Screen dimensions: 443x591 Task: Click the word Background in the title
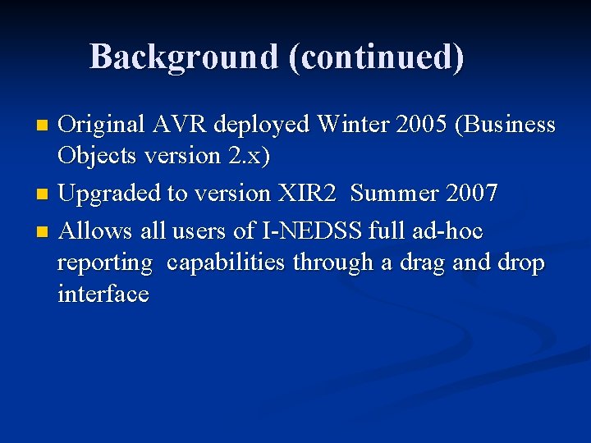(184, 57)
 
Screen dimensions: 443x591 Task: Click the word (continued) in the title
(376, 57)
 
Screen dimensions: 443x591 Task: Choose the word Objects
(93, 156)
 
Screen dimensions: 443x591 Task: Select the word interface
(103, 294)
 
